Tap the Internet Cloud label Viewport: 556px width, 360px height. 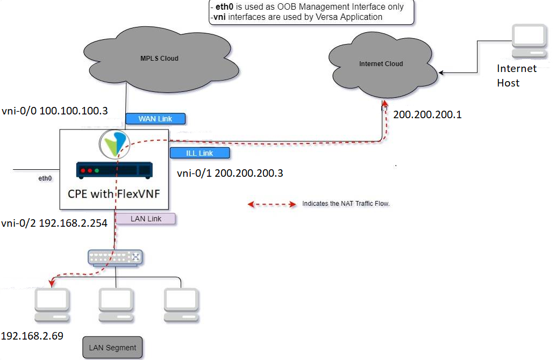point(381,63)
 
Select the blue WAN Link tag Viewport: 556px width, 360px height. point(155,118)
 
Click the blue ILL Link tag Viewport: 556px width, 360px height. point(199,153)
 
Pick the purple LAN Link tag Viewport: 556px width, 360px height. point(146,219)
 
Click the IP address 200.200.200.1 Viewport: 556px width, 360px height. point(427,114)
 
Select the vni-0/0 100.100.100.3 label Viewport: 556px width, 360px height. point(54,111)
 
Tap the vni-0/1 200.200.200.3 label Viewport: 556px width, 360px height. point(230,173)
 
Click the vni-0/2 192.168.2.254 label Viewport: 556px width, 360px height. point(54,224)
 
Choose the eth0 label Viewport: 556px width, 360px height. point(45,177)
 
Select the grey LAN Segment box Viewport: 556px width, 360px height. point(113,348)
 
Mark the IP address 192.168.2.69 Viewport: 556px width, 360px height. point(32,336)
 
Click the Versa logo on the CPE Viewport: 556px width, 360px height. point(115,143)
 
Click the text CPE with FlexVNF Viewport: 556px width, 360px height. point(114,193)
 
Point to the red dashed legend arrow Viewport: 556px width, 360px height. point(272,204)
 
